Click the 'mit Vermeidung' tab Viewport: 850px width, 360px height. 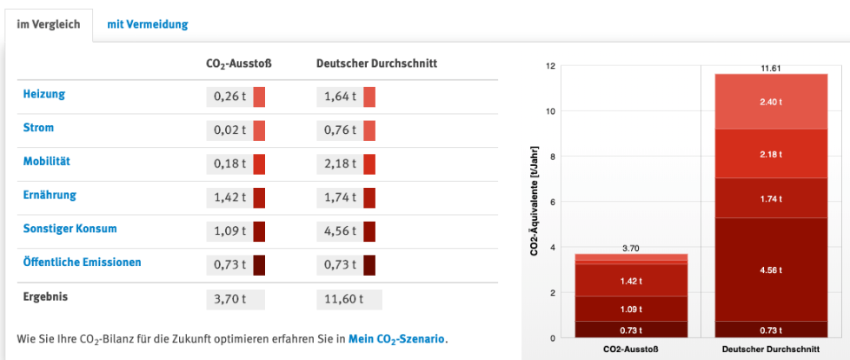click(x=147, y=24)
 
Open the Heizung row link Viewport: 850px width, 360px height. click(x=43, y=94)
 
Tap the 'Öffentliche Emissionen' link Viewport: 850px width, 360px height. click(x=82, y=262)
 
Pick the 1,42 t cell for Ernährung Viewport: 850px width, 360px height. click(x=228, y=197)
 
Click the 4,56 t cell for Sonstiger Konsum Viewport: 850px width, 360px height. click(x=338, y=231)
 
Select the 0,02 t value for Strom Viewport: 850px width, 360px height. click(x=228, y=130)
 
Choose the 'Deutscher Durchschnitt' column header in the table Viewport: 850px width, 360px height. click(x=376, y=63)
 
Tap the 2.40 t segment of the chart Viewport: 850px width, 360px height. click(x=771, y=102)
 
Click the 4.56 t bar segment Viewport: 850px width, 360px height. click(x=771, y=270)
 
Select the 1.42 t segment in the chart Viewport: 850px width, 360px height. click(x=631, y=282)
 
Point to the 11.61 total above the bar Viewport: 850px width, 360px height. click(x=771, y=68)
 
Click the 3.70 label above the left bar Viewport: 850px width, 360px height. click(x=631, y=248)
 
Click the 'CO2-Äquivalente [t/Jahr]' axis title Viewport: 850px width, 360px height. click(x=533, y=202)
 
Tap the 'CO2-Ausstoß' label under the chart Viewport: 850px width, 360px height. click(x=631, y=350)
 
